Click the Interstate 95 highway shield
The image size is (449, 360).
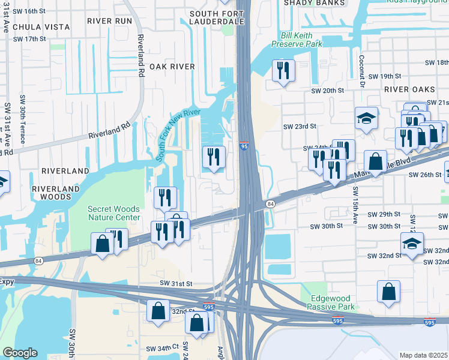(x=244, y=146)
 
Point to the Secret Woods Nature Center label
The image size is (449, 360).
(x=114, y=213)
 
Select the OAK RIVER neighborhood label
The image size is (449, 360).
(x=172, y=67)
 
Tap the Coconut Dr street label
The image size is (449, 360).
(x=362, y=71)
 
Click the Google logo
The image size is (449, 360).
(x=20, y=353)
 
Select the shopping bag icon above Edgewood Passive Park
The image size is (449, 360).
(x=389, y=292)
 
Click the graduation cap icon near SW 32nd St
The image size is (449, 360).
(x=412, y=244)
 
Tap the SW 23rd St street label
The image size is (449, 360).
(x=300, y=126)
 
